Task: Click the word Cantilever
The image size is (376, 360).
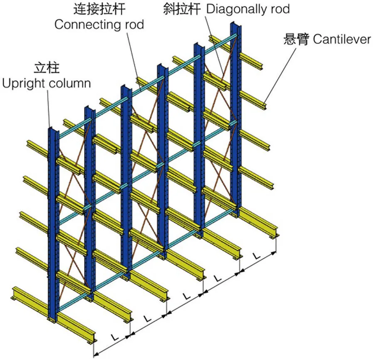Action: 341,39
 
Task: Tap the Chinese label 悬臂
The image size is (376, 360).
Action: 296,39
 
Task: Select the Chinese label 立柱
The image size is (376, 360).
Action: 46,68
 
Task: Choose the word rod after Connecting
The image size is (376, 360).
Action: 133,24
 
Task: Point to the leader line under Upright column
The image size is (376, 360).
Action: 49,108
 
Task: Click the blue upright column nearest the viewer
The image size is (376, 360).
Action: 53,224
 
